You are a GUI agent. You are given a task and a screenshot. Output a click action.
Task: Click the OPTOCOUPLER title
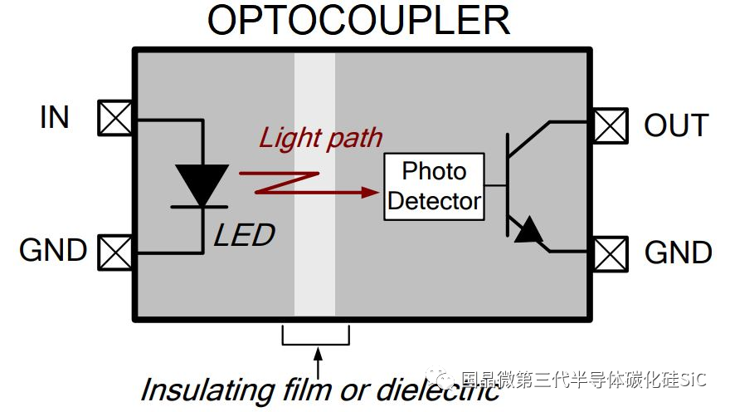tap(358, 21)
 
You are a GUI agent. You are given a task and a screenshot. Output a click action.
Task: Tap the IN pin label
tap(54, 118)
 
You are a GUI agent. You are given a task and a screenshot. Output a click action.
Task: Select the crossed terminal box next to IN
tap(115, 118)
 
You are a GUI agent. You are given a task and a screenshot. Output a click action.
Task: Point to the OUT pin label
tap(676, 125)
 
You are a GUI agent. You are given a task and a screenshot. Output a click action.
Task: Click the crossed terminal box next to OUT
tap(610, 125)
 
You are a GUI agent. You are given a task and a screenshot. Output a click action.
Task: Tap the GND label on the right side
tap(677, 253)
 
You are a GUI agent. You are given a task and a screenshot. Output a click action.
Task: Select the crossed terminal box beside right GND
tap(610, 253)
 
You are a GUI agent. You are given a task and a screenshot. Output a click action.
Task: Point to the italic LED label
tap(244, 235)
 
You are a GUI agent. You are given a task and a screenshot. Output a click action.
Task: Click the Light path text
tap(321, 138)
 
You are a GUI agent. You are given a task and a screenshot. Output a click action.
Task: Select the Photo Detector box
tap(434, 187)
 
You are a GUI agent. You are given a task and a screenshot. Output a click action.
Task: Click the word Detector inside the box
tap(434, 201)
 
